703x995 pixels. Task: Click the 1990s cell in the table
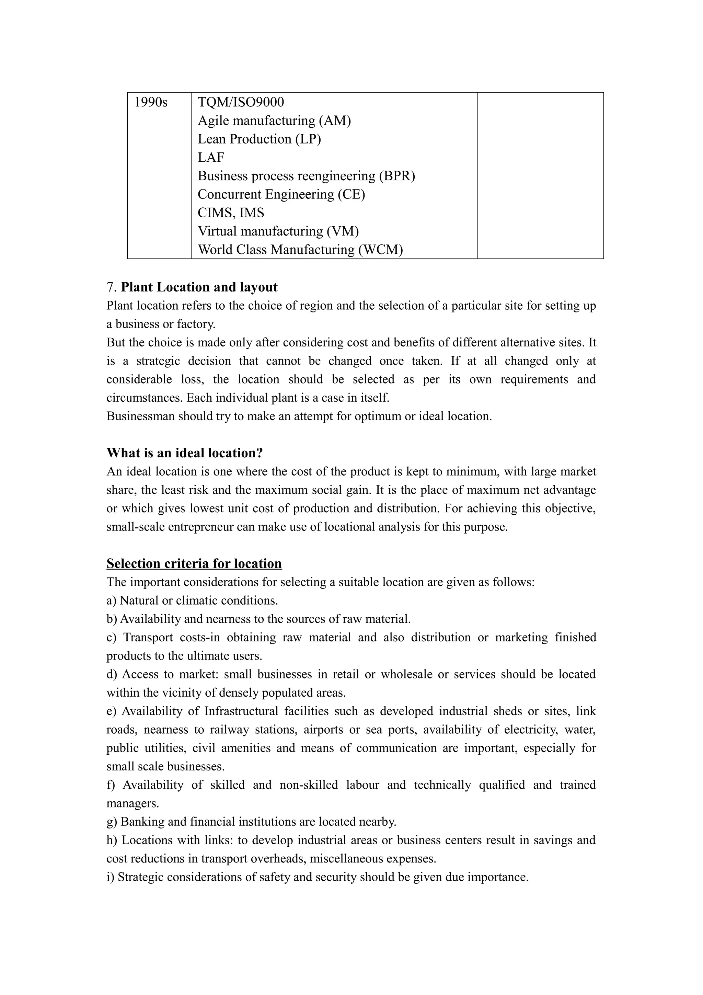(x=151, y=102)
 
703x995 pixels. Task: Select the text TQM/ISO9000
(x=241, y=102)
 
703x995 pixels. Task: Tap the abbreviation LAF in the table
(x=211, y=158)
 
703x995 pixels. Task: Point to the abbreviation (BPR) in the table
(x=397, y=176)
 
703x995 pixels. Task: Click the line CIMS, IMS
(x=231, y=213)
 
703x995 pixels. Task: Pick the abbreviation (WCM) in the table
(x=380, y=250)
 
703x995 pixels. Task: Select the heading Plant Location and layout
(x=199, y=287)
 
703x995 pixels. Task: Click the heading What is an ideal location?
(x=185, y=453)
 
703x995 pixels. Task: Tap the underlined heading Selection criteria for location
(x=194, y=564)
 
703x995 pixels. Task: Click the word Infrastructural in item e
(x=241, y=711)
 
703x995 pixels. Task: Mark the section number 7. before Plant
(x=112, y=287)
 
